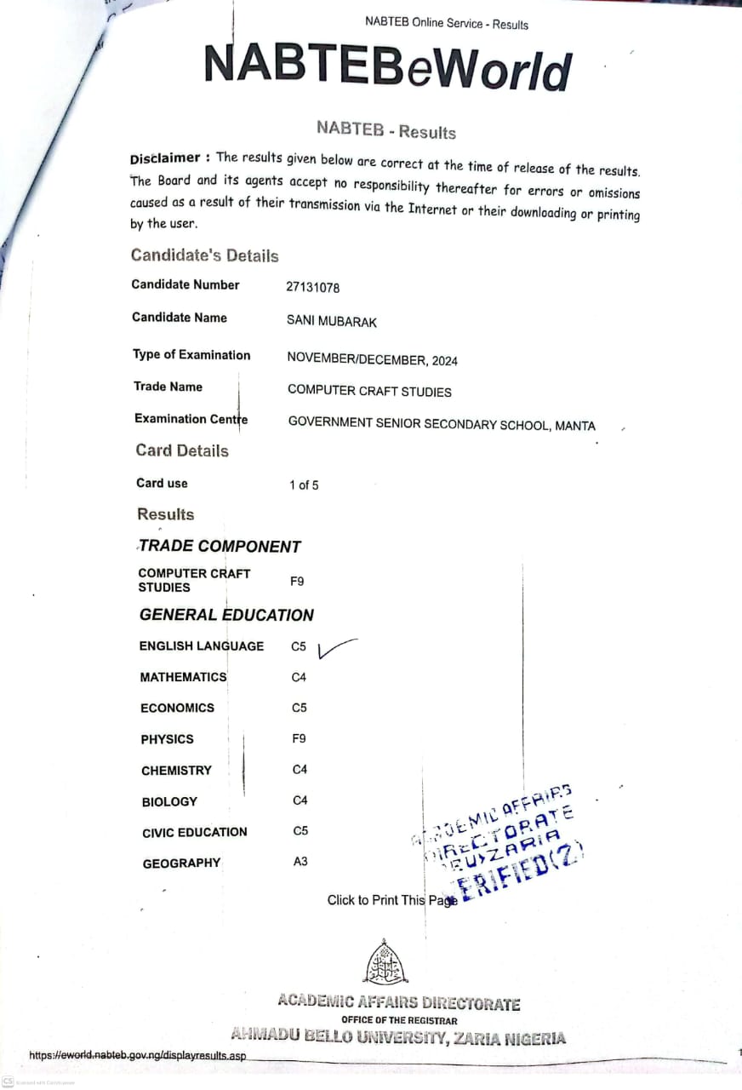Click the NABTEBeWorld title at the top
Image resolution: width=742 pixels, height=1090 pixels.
coord(387,66)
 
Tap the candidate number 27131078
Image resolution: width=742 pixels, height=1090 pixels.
coord(312,288)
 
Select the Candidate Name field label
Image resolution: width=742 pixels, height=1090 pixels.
coord(180,318)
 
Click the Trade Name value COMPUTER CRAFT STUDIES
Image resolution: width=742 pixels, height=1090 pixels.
coord(369,392)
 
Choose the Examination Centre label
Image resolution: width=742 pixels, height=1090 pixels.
coord(191,419)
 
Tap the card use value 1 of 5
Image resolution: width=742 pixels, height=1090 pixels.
coord(304,485)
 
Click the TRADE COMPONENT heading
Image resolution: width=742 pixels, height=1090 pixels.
coord(220,547)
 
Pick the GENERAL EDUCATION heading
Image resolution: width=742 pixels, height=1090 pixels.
coord(226,615)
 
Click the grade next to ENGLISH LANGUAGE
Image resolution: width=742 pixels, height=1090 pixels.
coord(299,647)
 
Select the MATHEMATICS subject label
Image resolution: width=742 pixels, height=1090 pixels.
coord(184,678)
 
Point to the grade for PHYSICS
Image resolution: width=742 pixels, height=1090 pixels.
coord(298,739)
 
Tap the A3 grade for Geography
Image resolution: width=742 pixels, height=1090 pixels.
coord(300,862)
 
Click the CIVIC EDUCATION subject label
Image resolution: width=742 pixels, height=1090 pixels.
coord(195,832)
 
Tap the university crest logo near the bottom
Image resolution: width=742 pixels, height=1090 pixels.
coord(385,964)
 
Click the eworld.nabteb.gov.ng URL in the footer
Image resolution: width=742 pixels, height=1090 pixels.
coord(138,1056)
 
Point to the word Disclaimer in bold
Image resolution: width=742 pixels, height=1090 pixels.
coord(165,158)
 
